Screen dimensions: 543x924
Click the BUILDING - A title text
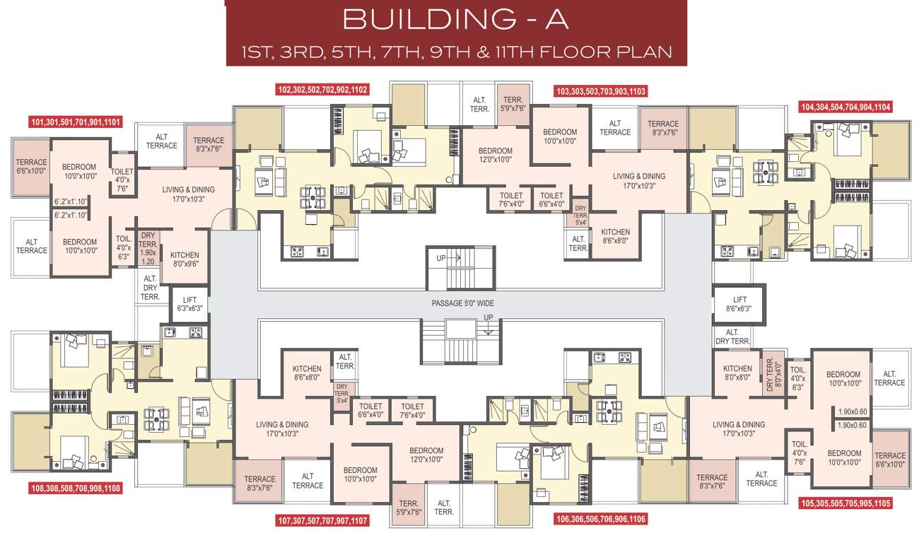[456, 19]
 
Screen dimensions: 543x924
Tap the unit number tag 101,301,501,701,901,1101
[76, 122]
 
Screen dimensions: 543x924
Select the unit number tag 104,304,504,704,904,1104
[845, 107]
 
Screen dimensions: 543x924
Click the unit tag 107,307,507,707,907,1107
[322, 521]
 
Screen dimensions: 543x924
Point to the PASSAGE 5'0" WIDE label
[462, 303]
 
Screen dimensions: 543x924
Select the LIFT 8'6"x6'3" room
[739, 304]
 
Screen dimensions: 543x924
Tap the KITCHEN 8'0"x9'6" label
[185, 259]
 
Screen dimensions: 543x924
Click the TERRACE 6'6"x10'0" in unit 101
[31, 167]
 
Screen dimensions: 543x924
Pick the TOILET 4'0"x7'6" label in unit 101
[122, 180]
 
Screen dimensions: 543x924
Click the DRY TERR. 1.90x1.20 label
[148, 247]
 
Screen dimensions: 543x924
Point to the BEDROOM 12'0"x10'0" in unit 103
[495, 156]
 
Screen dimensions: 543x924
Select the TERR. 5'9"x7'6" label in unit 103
[513, 105]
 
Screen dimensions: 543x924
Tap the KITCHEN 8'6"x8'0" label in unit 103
[615, 236]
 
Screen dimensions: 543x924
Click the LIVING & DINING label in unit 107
[282, 429]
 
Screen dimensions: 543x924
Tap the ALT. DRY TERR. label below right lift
[732, 337]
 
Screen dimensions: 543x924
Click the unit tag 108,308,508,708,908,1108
[76, 488]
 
